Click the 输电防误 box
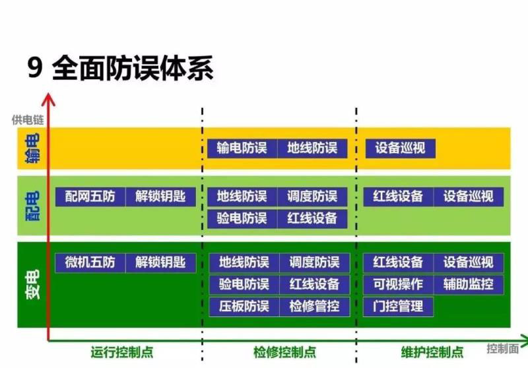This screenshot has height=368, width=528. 242,148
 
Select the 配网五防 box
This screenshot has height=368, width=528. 90,196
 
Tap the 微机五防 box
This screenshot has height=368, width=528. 90,262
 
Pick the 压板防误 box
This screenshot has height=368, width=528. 244,307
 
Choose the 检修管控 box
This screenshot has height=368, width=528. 314,307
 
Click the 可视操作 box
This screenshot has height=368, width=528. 398,285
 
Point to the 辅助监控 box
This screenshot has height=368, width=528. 468,285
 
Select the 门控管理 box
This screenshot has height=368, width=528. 398,307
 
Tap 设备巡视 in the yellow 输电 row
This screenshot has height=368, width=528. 401,148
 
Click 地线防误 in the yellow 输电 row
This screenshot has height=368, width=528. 312,148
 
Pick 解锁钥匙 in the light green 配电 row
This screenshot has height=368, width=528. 160,196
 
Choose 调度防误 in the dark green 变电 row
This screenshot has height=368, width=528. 314,262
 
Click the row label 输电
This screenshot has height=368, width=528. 32,148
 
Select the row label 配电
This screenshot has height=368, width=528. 32,205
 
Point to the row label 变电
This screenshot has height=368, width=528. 32,285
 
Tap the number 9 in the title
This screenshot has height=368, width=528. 34,69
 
